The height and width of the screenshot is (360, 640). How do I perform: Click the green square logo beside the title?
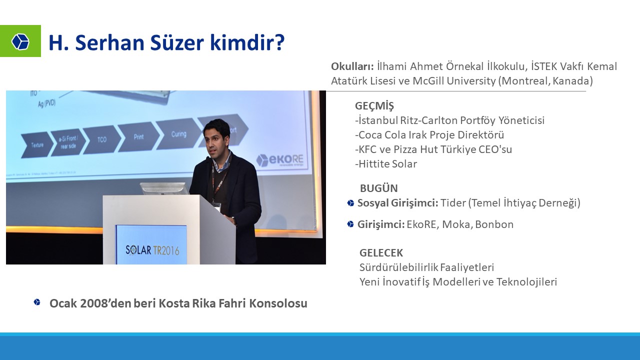tap(20, 41)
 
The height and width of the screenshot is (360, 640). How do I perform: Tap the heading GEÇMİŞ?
tap(374, 106)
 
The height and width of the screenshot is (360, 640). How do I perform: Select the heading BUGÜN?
tap(379, 188)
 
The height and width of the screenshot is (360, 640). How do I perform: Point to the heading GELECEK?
tap(381, 253)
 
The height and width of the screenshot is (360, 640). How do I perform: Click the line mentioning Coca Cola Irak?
tap(429, 135)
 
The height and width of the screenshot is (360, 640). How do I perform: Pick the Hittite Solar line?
tap(386, 164)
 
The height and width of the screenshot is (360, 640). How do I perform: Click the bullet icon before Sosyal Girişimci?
tap(350, 203)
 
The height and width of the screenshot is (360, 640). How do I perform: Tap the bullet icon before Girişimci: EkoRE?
tap(350, 224)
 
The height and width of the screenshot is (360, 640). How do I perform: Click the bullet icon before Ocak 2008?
tap(37, 302)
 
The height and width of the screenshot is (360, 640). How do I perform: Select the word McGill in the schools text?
tap(428, 81)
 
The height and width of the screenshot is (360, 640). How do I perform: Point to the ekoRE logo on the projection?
tap(280, 160)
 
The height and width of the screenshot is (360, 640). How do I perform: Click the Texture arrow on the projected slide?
tap(37, 144)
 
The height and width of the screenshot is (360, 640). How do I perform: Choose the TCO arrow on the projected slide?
tap(102, 139)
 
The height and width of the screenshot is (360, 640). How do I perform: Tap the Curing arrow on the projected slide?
tap(179, 134)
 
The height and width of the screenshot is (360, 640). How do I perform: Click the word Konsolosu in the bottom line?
tap(278, 303)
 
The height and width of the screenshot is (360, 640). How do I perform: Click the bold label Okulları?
tap(352, 66)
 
